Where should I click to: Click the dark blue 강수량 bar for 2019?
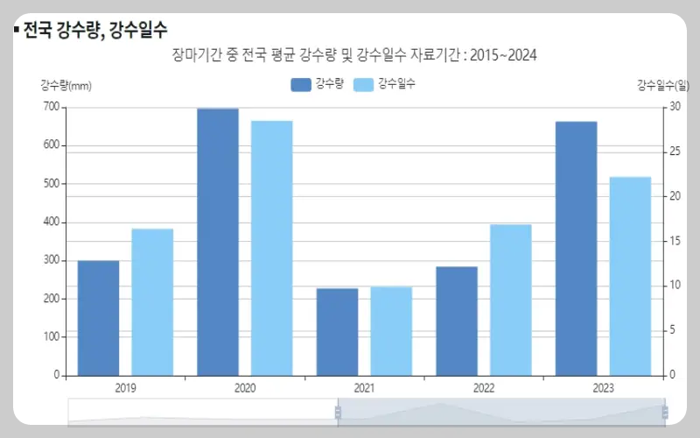(98, 317)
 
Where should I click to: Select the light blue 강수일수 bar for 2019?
(152, 301)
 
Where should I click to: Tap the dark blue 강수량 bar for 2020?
(218, 241)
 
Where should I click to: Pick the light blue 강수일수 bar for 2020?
(272, 247)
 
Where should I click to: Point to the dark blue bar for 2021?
(337, 331)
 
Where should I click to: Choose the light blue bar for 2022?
(511, 299)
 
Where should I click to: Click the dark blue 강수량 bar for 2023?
(576, 248)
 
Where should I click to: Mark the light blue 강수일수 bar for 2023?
(630, 275)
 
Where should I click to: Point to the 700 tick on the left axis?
(51, 107)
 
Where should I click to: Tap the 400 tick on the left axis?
(51, 222)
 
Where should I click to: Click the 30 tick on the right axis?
(675, 107)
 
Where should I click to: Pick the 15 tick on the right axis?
(675, 241)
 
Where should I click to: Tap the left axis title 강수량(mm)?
(66, 85)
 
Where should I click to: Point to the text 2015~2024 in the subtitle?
(503, 55)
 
